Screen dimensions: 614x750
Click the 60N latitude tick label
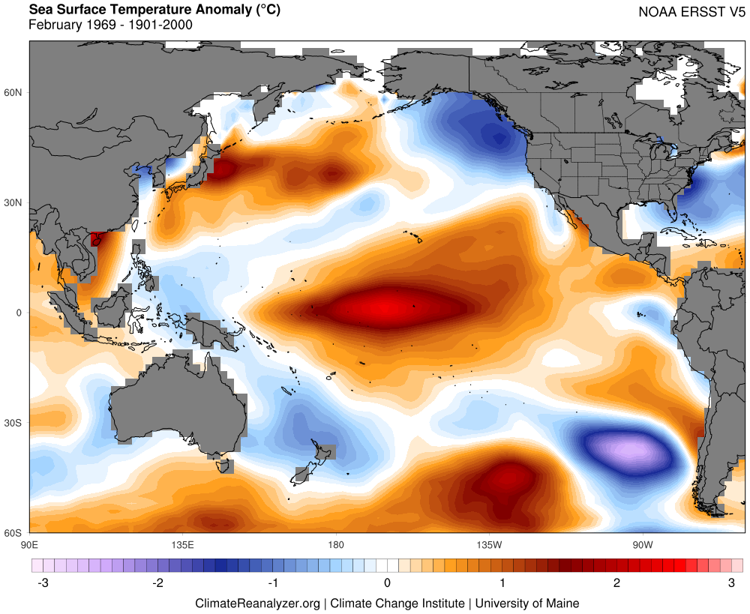pyautogui.click(x=14, y=92)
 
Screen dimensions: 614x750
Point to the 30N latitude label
pyautogui.click(x=14, y=202)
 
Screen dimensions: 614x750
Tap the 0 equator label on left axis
pyautogui.click(x=19, y=313)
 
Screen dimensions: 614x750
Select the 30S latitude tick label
pyautogui.click(x=14, y=423)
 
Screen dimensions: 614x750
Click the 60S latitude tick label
pyautogui.click(x=14, y=533)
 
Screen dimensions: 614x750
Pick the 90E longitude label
pyautogui.click(x=30, y=544)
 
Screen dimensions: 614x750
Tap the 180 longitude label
pyautogui.click(x=335, y=544)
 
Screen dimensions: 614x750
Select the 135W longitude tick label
pyautogui.click(x=488, y=544)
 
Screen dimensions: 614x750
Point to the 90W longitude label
pyautogui.click(x=641, y=544)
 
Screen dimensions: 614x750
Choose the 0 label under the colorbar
pyautogui.click(x=387, y=583)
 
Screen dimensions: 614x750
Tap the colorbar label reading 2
pyautogui.click(x=616, y=583)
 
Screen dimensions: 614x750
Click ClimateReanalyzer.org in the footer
pyautogui.click(x=257, y=603)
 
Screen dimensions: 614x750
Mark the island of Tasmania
pyautogui.click(x=223, y=466)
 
